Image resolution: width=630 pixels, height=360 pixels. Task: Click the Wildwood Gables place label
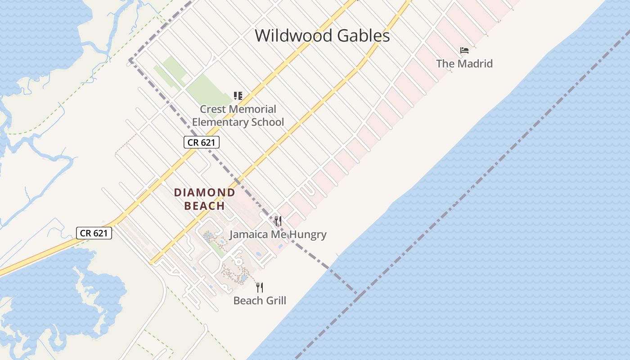[x=322, y=36]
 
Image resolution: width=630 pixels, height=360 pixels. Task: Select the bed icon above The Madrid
[x=464, y=50]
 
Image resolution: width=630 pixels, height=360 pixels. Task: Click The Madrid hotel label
[x=464, y=63]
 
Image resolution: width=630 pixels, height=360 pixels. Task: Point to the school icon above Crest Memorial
[x=238, y=95]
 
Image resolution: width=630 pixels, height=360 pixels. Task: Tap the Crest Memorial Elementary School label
[x=238, y=116]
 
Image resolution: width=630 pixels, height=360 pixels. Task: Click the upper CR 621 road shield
[x=202, y=143]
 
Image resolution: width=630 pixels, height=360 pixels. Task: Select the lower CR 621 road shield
[x=94, y=233]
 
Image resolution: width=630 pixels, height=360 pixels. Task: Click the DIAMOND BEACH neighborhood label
[x=205, y=199]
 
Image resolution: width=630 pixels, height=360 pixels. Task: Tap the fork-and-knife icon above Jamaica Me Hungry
[x=278, y=221]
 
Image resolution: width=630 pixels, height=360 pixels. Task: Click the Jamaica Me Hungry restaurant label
[x=278, y=234]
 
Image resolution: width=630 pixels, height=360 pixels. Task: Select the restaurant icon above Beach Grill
[x=260, y=287]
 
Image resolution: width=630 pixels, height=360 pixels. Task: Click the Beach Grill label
[x=260, y=301]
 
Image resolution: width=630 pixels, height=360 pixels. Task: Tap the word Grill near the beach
[x=275, y=301]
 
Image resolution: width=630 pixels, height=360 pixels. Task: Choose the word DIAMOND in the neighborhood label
[x=205, y=193]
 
